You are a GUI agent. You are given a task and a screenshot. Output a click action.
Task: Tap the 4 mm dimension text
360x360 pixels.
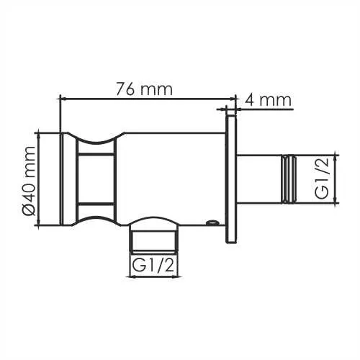pyautogui.click(x=268, y=99)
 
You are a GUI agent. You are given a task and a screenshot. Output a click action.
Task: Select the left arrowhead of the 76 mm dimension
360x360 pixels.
pyautogui.click(x=62, y=99)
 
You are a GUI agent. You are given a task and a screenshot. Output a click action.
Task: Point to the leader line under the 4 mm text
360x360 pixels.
pyautogui.click(x=266, y=109)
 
